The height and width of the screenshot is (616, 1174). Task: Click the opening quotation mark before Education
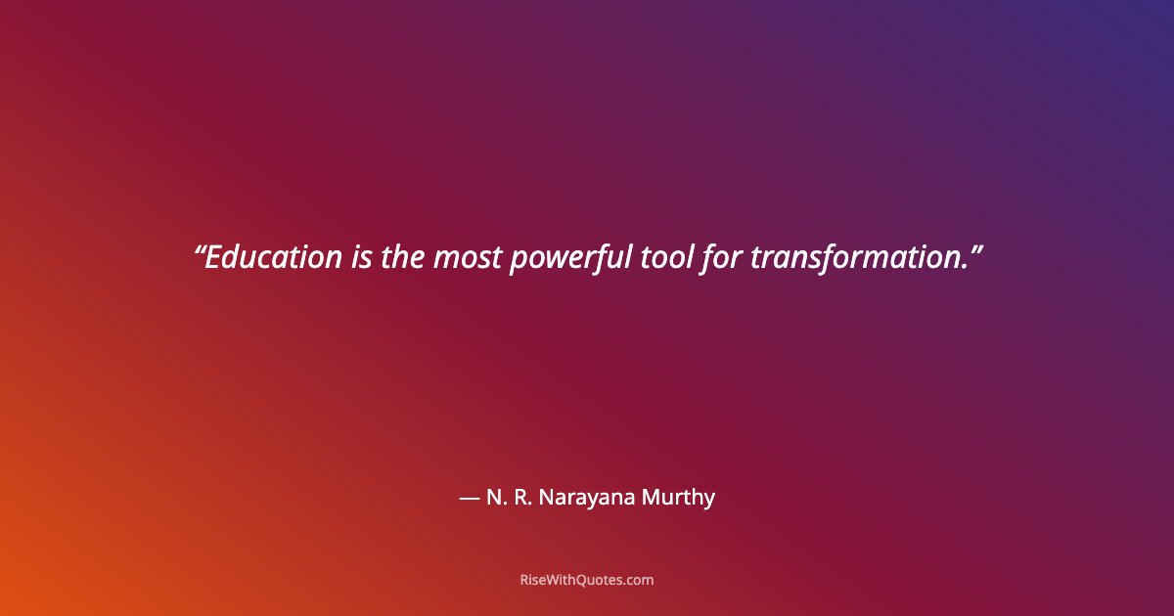click(199, 249)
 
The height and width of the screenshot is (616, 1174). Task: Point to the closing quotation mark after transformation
click(975, 249)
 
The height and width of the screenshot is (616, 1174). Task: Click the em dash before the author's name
click(469, 498)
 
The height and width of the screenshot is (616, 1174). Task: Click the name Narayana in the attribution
click(587, 498)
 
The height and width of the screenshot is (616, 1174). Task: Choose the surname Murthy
click(678, 498)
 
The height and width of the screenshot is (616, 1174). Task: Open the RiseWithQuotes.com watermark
click(587, 580)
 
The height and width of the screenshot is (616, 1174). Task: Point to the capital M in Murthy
click(651, 497)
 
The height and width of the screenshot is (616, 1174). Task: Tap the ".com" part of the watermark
click(639, 580)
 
